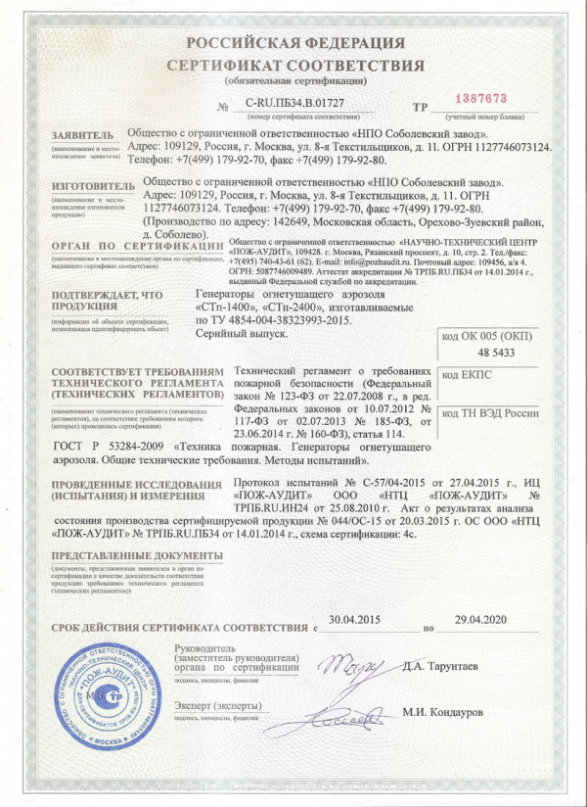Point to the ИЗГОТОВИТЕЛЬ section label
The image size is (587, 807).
[x=93, y=184]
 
